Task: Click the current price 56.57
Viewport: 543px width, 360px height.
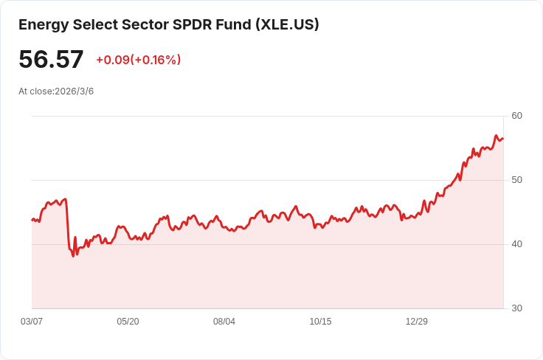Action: point(51,60)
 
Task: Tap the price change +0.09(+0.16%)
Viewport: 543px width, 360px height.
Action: point(138,60)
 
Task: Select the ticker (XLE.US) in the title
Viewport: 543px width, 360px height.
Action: point(287,24)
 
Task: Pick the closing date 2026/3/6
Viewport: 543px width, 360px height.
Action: point(74,91)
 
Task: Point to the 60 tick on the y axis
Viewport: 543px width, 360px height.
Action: point(516,116)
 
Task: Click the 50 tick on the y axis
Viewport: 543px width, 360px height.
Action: point(516,180)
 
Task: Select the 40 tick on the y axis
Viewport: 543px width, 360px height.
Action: point(516,244)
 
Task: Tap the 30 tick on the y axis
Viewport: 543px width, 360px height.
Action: point(516,308)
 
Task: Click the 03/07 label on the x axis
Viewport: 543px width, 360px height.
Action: point(32,322)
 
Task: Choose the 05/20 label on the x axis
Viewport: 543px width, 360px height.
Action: point(128,322)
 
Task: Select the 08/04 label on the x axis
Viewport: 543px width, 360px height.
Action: point(224,322)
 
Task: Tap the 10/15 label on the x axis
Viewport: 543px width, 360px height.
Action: point(320,322)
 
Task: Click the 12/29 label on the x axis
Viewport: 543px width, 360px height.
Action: point(417,322)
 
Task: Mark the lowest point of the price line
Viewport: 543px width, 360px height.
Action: point(73,255)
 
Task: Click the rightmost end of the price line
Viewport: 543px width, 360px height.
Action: point(502,138)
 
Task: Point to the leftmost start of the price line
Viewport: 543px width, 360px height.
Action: point(32,220)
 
